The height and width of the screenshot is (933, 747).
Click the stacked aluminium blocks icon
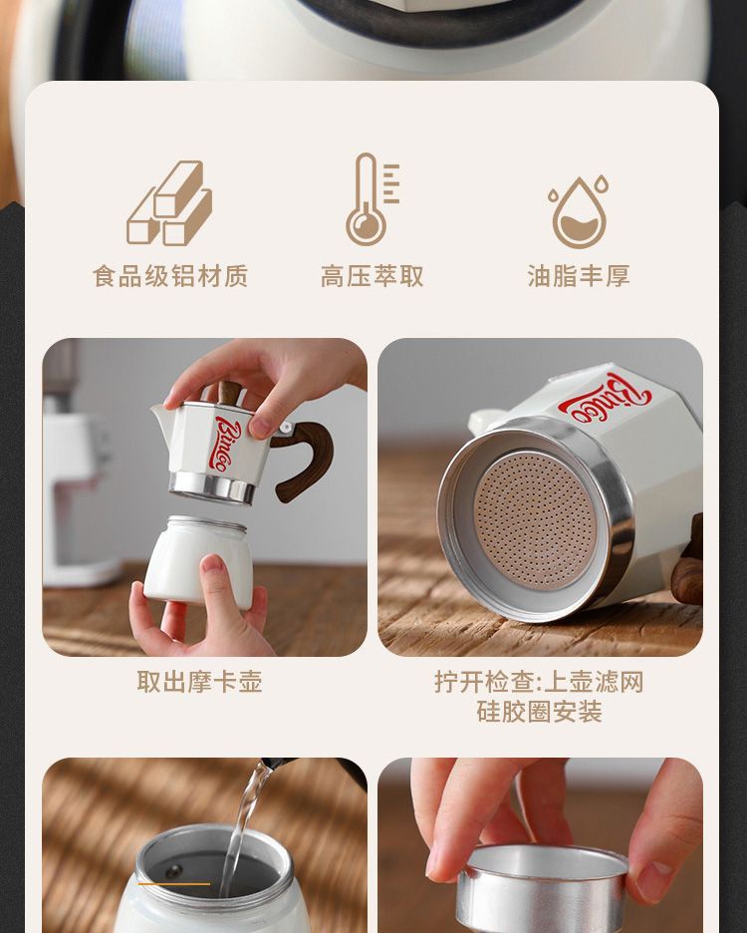click(169, 203)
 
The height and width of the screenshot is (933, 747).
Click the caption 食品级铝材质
click(170, 277)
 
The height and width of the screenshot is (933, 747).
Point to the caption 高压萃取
click(373, 277)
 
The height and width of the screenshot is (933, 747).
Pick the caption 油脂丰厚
click(579, 277)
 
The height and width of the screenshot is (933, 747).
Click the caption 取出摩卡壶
click(200, 682)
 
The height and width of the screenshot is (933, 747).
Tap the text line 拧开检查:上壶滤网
click(539, 682)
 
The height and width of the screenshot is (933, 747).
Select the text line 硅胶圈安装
click(539, 712)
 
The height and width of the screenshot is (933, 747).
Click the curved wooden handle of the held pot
click(307, 456)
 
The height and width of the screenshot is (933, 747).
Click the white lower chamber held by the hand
click(199, 559)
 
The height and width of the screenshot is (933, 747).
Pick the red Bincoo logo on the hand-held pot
click(227, 443)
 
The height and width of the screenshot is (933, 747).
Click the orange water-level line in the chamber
click(173, 883)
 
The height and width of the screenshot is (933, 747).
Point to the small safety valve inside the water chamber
click(173, 870)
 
